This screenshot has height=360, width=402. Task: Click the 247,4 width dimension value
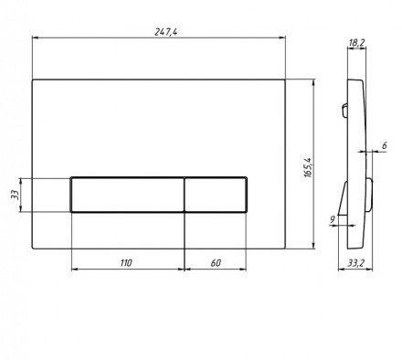165,32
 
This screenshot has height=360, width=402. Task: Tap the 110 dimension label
126,262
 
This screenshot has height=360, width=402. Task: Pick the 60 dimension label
216,262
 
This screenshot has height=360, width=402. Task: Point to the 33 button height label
15,195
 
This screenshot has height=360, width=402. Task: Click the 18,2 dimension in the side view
356,43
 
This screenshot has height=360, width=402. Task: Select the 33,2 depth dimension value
356,263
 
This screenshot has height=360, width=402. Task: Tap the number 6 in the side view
385,145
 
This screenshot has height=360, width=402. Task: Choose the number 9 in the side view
332,219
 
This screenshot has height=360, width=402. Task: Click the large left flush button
127,195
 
